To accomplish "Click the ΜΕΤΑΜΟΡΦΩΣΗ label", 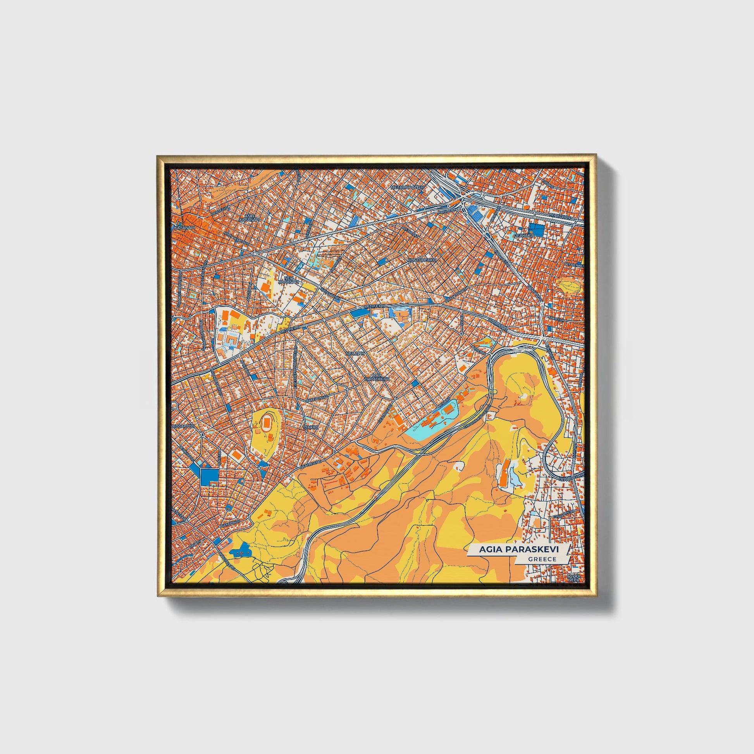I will tap(408, 187).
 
